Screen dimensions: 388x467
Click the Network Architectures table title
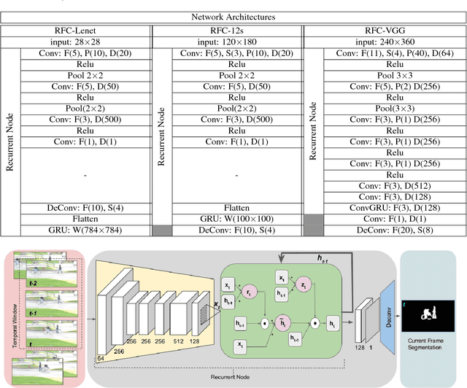point(233,15)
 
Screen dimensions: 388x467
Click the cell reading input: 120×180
point(226,42)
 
